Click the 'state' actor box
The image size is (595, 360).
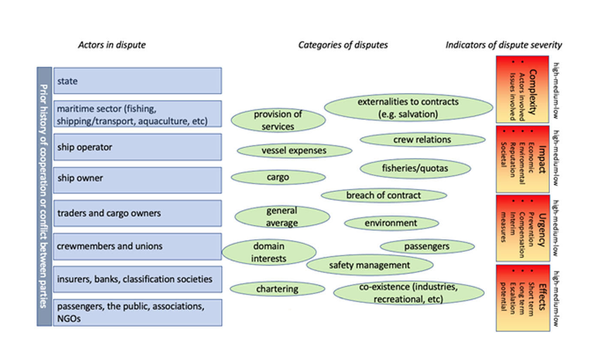137,81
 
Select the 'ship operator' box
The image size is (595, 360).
137,147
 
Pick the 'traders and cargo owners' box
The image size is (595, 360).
137,213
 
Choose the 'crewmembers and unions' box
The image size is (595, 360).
137,246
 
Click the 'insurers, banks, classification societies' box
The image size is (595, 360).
137,279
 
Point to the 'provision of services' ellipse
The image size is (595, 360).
278,120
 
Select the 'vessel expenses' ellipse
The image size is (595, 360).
294,150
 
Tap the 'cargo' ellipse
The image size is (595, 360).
278,177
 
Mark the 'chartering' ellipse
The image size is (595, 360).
277,289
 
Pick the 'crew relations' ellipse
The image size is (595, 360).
422,140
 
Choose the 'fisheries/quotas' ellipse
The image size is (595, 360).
415,168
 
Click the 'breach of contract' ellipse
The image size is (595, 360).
384,195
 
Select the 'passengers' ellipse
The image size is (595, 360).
427,246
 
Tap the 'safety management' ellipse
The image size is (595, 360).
370,265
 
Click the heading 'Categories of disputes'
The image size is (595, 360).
343,45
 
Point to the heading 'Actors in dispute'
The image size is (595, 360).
112,45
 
